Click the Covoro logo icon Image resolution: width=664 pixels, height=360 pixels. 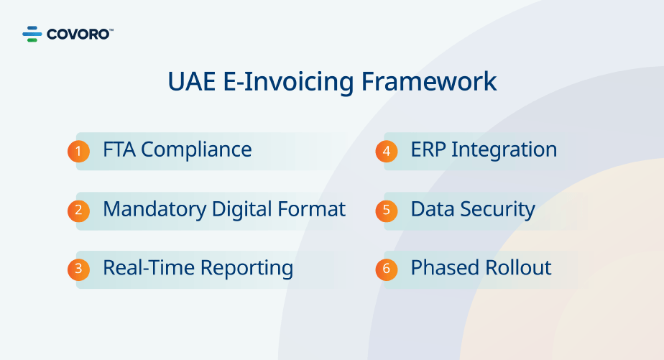(32, 34)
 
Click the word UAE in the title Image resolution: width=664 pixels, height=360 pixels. (192, 81)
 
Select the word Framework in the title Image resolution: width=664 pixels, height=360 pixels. (428, 81)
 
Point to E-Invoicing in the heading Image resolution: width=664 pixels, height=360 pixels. (288, 82)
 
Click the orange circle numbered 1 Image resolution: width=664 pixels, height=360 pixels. (79, 151)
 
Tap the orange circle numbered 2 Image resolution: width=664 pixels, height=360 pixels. (79, 211)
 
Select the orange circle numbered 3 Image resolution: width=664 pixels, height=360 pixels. (79, 269)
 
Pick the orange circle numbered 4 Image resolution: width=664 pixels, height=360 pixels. (387, 151)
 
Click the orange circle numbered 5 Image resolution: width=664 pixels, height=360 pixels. (387, 211)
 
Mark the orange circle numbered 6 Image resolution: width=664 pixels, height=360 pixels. (387, 269)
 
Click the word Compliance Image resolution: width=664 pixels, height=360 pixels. (196, 150)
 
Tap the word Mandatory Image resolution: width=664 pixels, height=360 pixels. (155, 210)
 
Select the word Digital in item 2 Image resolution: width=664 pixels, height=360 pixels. (241, 210)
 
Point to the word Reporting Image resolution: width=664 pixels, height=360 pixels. (246, 269)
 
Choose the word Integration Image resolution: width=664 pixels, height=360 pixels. (504, 150)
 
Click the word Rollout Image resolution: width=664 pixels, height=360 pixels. (518, 268)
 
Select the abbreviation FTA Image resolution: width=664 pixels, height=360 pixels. (119, 150)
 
